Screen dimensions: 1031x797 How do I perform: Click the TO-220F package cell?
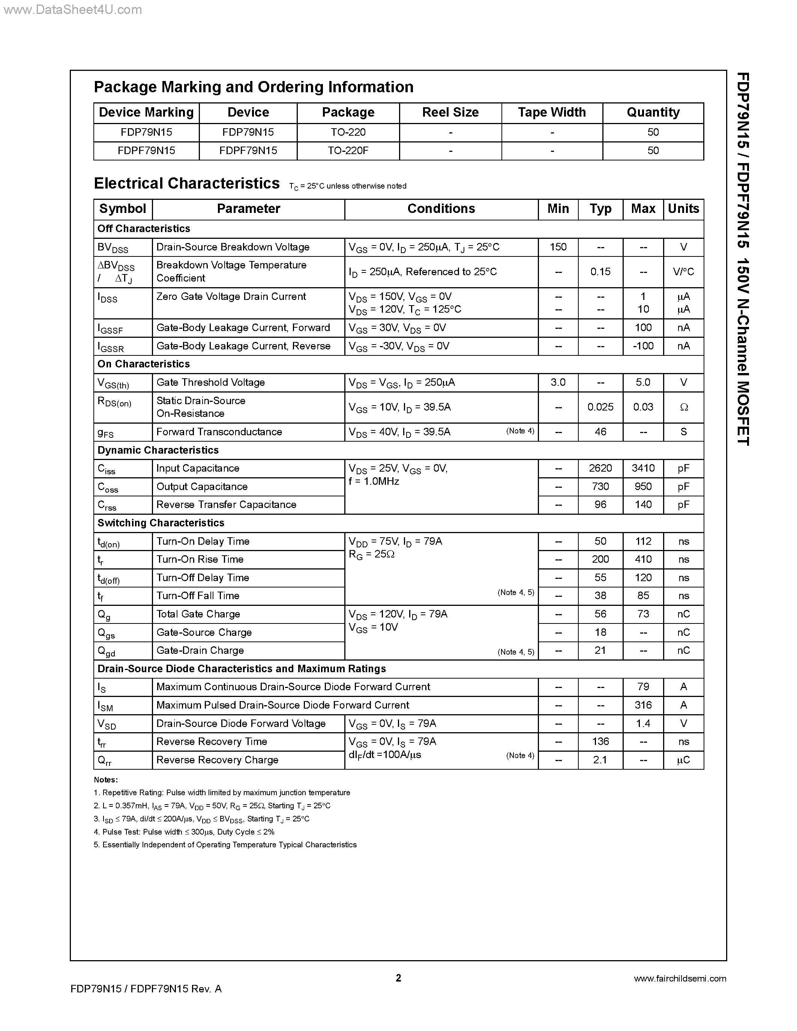(x=348, y=151)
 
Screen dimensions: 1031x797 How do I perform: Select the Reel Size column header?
(x=450, y=112)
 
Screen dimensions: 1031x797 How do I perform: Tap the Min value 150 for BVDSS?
(x=558, y=247)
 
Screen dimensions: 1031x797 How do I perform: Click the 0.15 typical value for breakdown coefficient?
(x=600, y=272)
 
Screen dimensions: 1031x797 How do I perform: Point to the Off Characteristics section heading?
(x=144, y=228)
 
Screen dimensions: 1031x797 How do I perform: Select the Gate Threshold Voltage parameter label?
(x=210, y=382)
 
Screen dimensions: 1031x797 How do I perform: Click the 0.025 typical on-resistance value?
(x=600, y=407)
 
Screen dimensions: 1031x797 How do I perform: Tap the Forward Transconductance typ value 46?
(x=600, y=432)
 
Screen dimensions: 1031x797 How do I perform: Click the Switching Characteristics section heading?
(x=161, y=523)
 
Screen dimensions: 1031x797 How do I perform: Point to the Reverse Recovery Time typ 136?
(x=600, y=742)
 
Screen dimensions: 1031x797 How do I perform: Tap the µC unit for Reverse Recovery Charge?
(x=683, y=760)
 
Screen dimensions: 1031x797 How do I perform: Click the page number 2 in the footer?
(x=398, y=978)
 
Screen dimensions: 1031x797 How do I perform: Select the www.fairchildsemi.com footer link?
(x=680, y=979)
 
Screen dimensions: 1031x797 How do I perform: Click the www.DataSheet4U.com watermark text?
(x=72, y=9)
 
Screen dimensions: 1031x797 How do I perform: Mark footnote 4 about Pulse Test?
(x=184, y=832)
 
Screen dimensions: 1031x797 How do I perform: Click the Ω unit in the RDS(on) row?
(x=683, y=407)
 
